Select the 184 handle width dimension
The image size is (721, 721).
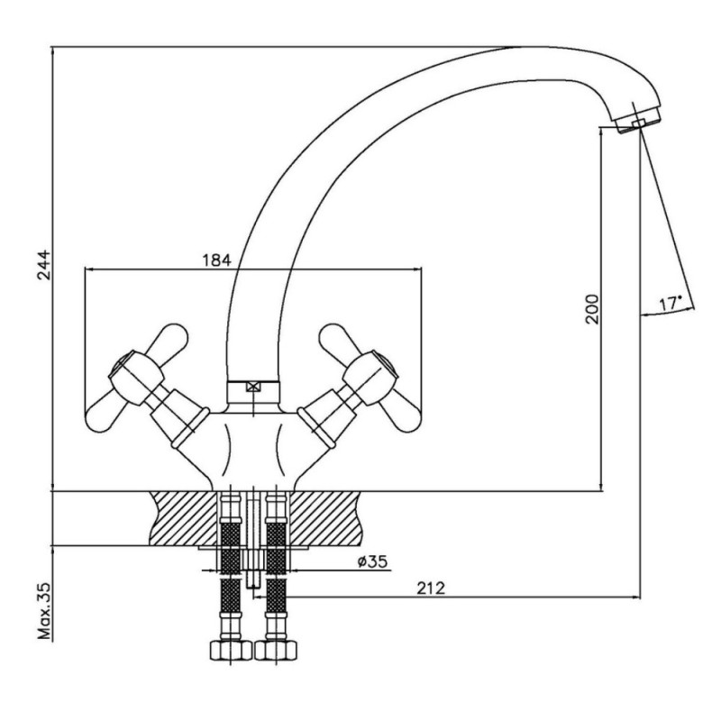(x=217, y=260)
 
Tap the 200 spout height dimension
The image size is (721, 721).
(x=592, y=309)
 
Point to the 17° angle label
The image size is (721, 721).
(x=670, y=303)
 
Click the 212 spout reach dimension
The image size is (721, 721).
(x=431, y=588)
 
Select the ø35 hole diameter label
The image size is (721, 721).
(x=372, y=561)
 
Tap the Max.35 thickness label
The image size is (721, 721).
(x=44, y=611)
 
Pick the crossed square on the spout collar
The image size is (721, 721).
(x=253, y=388)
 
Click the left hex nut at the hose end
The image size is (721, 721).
(x=232, y=650)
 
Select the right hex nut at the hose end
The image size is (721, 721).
(x=276, y=650)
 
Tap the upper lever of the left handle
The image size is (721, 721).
(x=167, y=342)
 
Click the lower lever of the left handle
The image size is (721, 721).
(x=105, y=415)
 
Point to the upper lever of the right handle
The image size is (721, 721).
(x=340, y=342)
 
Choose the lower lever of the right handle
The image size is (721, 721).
(x=401, y=415)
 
